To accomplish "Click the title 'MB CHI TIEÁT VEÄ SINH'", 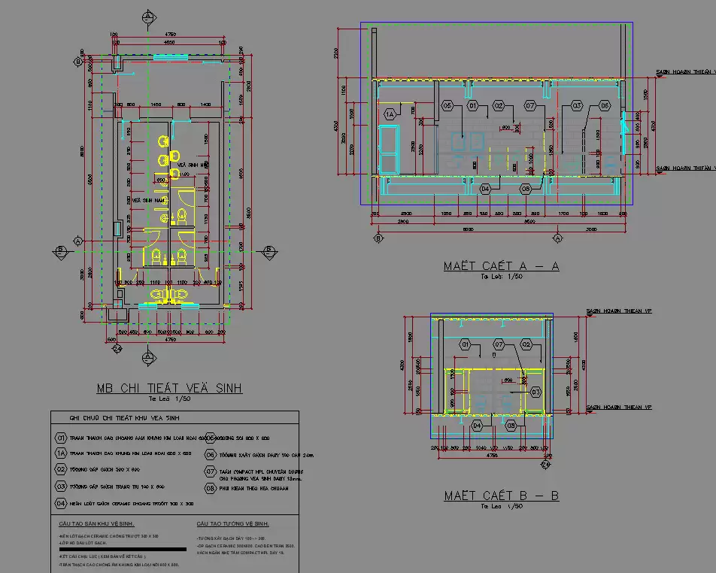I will click(x=168, y=388).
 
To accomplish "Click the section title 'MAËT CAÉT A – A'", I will click(x=501, y=266).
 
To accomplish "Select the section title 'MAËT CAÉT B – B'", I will click(x=501, y=496).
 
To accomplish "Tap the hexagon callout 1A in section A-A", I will click(x=390, y=114).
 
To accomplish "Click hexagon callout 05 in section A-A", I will click(x=447, y=106).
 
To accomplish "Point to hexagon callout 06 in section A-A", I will click(x=605, y=106).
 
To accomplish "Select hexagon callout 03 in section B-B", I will click(x=535, y=392).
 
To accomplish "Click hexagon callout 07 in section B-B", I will click(x=499, y=344).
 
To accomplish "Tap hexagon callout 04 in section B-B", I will click(x=477, y=426).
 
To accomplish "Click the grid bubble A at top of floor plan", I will click(x=149, y=16).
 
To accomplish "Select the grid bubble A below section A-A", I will click(x=558, y=238).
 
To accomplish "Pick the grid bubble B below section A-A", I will click(x=378, y=238).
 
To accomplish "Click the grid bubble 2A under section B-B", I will click(x=547, y=466).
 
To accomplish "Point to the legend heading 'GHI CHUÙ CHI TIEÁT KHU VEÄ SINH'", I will click(x=124, y=418).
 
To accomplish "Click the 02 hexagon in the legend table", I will click(x=61, y=468).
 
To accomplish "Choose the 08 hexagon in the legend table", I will click(x=211, y=487).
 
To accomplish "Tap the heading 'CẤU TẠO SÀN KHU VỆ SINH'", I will click(x=96, y=523).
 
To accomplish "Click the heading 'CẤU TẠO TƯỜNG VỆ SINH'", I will click(x=233, y=523).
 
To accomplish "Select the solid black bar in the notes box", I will click(x=111, y=548).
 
